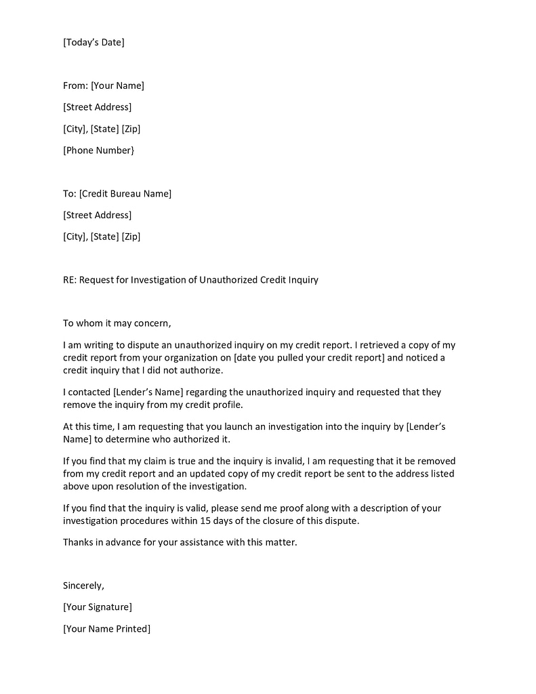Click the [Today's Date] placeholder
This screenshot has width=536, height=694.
(x=94, y=42)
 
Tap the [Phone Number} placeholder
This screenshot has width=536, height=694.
(x=98, y=150)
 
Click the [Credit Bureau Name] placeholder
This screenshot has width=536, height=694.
(x=125, y=194)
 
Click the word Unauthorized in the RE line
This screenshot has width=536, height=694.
(x=228, y=280)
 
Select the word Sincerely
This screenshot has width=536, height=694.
(x=83, y=586)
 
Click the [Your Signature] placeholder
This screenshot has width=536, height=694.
(x=98, y=607)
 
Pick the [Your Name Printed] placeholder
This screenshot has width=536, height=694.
(x=106, y=629)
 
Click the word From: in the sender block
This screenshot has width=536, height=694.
(x=75, y=85)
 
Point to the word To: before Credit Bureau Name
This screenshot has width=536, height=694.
(x=70, y=194)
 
